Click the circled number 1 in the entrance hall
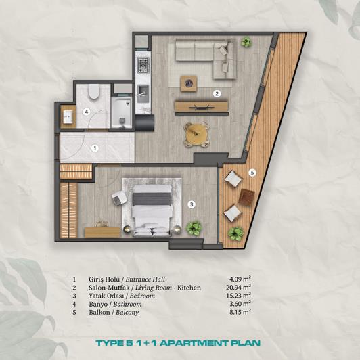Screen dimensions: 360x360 tap(95, 148)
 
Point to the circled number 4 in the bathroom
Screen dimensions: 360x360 tap(86, 112)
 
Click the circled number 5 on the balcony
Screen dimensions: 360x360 tap(251, 173)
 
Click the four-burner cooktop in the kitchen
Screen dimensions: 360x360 tap(143, 65)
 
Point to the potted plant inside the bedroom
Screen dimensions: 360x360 tap(194, 227)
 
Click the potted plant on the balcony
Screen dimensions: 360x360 tap(235, 233)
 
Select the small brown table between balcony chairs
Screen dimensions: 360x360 tap(247, 198)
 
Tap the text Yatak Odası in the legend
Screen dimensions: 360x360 tap(102, 296)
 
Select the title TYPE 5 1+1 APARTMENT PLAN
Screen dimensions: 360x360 tap(180, 342)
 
